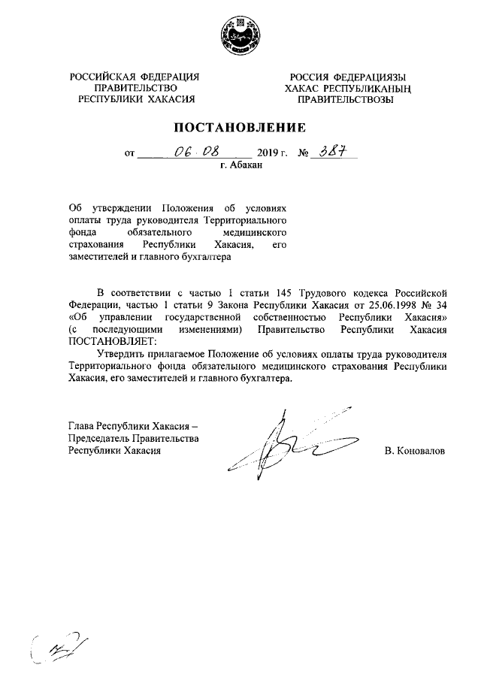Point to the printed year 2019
click(x=268, y=153)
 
